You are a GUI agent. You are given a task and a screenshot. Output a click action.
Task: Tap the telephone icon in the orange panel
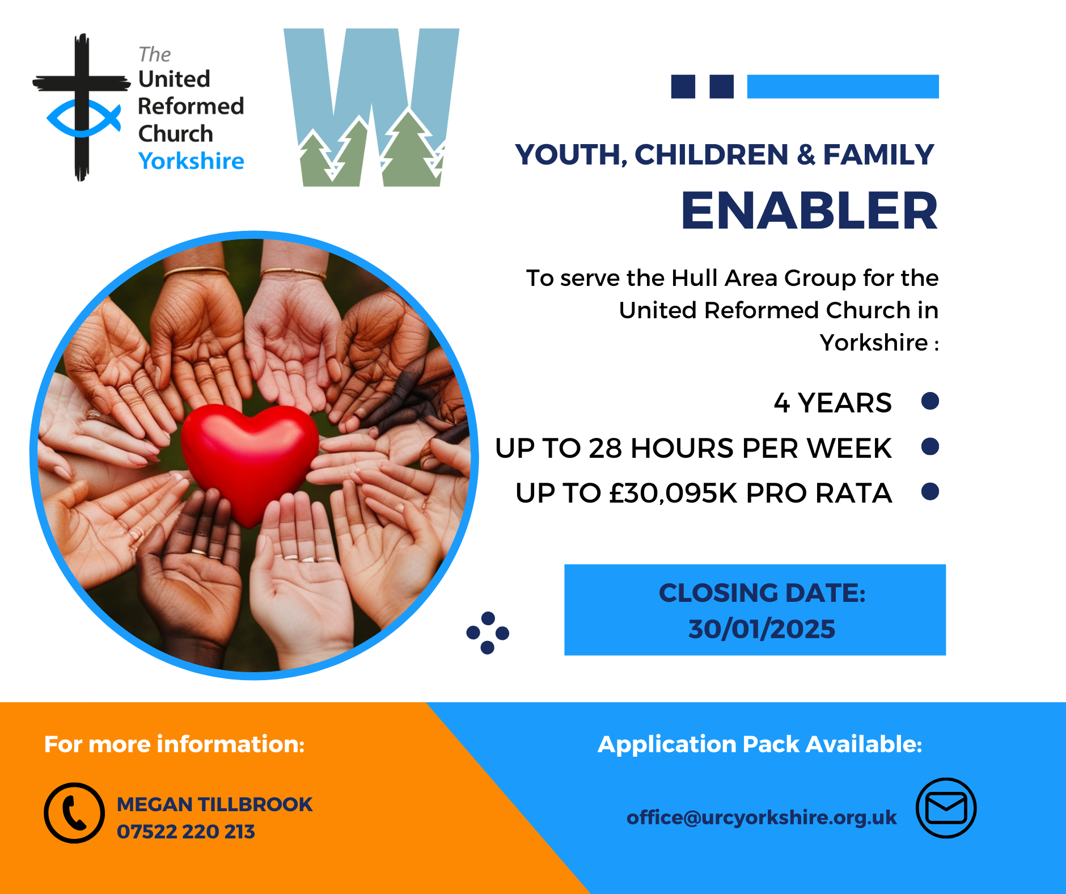pos(74,813)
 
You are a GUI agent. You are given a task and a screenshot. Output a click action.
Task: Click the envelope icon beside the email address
pos(946,808)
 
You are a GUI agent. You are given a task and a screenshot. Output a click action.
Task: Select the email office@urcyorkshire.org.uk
pos(762,817)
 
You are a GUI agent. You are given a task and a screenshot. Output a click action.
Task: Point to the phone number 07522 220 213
pos(186,832)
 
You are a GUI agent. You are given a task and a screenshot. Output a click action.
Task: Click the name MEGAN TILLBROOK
pos(214,804)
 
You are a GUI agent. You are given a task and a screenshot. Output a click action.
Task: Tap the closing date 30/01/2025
pos(762,629)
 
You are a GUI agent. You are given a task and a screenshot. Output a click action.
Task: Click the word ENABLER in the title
pos(809,210)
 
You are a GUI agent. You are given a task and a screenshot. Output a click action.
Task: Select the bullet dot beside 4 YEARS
pos(930,401)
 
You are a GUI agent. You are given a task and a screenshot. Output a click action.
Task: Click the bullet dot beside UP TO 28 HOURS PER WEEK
pos(930,446)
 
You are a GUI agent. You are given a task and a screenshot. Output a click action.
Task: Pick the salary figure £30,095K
pos(672,494)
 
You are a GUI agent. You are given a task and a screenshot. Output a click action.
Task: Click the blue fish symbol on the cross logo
pos(83,118)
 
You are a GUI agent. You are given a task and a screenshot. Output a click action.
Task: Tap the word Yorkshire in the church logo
pos(191,161)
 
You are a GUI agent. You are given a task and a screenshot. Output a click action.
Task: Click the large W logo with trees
pos(371,107)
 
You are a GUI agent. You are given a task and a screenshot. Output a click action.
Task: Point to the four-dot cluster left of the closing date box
pos(488,632)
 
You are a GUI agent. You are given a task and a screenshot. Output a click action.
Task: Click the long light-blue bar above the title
pos(843,86)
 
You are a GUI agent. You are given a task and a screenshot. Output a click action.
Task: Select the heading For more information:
pos(174,744)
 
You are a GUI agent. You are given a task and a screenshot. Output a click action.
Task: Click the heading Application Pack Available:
pos(760,744)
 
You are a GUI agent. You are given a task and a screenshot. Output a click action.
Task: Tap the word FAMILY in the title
pos(878,155)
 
